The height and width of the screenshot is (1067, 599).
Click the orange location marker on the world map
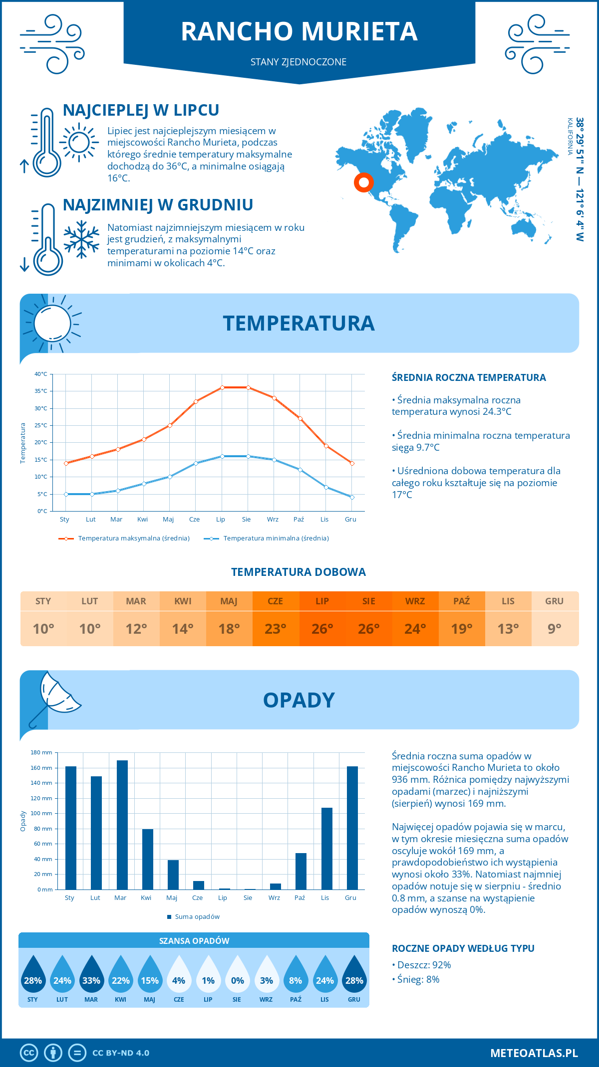(364, 182)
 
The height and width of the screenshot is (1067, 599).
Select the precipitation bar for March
(122, 825)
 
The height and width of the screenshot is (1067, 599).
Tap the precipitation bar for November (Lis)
(327, 848)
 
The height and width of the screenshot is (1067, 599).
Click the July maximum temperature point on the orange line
(222, 387)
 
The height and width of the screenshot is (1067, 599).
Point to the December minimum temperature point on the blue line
(352, 497)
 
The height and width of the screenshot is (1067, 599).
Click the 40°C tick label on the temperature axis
(41, 374)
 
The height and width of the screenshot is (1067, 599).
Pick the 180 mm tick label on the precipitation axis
(41, 752)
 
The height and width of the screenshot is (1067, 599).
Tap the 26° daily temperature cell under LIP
(322, 629)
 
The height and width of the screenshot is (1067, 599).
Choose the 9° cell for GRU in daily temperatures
(555, 629)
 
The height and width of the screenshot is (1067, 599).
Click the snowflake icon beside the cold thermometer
(81, 239)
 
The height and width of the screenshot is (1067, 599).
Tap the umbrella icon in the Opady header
(56, 696)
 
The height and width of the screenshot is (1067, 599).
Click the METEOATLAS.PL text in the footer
(534, 1053)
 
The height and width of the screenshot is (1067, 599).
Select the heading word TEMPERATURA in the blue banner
(299, 323)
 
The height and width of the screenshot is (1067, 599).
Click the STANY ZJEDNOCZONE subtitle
(299, 62)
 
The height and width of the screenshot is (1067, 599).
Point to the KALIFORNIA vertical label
(570, 137)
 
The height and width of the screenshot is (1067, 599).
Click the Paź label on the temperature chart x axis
(299, 520)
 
